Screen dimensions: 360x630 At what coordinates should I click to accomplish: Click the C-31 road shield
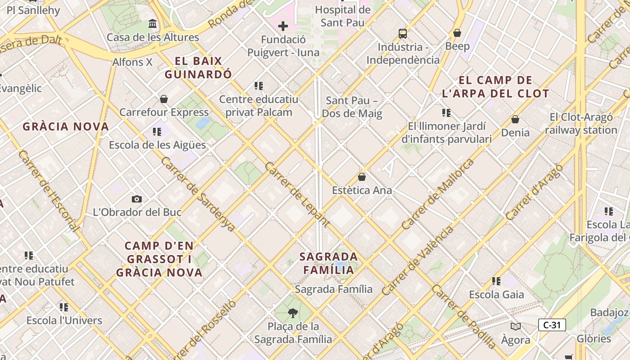pyautogui.click(x=552, y=325)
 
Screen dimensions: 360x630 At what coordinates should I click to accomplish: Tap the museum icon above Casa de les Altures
pyautogui.click(x=153, y=23)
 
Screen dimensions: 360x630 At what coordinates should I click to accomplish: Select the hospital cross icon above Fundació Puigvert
pyautogui.click(x=283, y=26)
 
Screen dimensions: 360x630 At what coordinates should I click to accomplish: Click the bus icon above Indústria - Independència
pyautogui.click(x=403, y=33)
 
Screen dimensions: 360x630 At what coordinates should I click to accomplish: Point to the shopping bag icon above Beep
pyautogui.click(x=457, y=33)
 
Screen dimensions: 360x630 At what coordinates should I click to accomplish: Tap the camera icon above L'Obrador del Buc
pyautogui.click(x=137, y=199)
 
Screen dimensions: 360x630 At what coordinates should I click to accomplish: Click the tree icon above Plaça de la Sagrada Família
pyautogui.click(x=293, y=313)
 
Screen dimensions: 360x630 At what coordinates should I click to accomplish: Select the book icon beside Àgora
pyautogui.click(x=515, y=326)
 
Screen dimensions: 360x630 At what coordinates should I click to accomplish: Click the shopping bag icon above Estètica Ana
pyautogui.click(x=362, y=177)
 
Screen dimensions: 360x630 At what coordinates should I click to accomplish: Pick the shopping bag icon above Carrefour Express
pyautogui.click(x=164, y=99)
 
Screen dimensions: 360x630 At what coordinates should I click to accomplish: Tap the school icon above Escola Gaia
pyautogui.click(x=496, y=281)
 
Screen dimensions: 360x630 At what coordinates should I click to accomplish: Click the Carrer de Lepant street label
pyautogui.click(x=297, y=194)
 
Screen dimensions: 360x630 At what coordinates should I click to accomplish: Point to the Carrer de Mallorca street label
pyautogui.click(x=438, y=194)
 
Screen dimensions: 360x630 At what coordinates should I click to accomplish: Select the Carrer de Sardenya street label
pyautogui.click(x=198, y=194)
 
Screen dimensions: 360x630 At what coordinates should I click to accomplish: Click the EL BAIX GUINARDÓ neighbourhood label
pyautogui.click(x=198, y=67)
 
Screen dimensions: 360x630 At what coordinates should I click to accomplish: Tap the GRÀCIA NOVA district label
pyautogui.click(x=66, y=126)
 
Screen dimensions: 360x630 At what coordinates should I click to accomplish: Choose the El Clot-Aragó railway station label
pyautogui.click(x=581, y=124)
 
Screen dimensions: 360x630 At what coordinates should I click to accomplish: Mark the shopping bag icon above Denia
pyautogui.click(x=515, y=119)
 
